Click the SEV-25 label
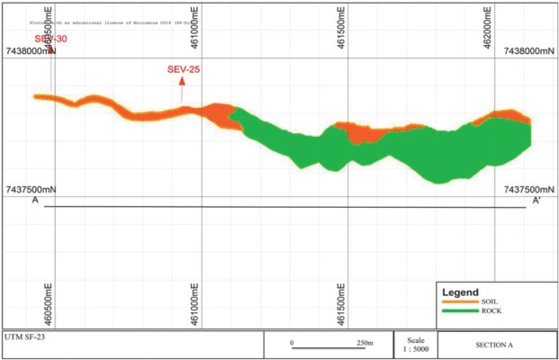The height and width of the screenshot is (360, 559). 185,70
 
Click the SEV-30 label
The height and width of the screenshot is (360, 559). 50,40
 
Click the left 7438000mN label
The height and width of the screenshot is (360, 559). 31,52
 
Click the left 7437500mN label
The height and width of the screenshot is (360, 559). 31,190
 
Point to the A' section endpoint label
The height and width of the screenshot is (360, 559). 536,201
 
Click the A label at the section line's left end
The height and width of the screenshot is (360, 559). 35,201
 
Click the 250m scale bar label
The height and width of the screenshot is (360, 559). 364,343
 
